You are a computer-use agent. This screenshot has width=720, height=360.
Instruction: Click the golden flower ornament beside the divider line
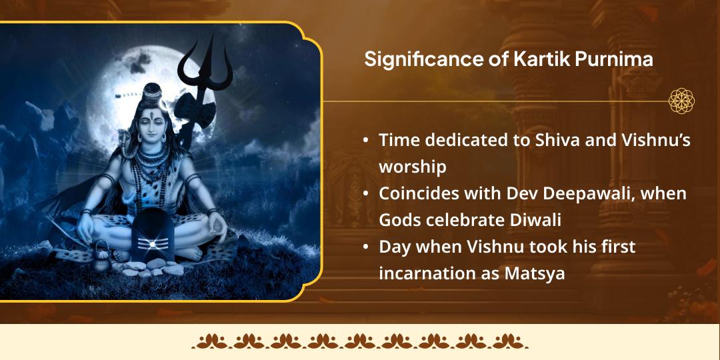point(681,101)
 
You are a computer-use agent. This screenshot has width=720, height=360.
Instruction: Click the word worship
point(413,167)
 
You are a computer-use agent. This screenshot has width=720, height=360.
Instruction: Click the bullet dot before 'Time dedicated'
point(365,141)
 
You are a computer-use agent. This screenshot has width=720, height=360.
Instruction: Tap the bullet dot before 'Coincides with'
point(365,194)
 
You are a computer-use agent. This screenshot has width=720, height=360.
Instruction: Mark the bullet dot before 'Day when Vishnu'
point(365,247)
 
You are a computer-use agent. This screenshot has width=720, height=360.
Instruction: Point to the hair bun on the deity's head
point(153,89)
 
